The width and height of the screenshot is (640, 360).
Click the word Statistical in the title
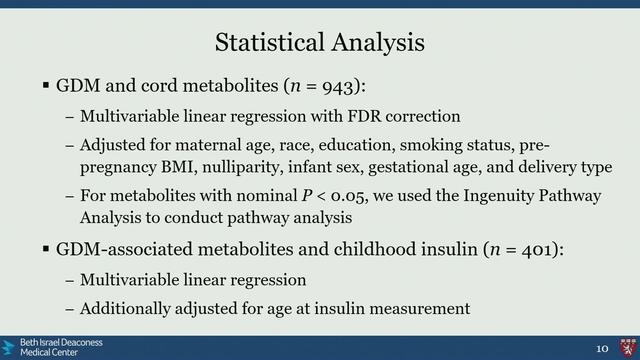pos(270,42)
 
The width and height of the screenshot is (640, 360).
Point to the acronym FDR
pos(364,116)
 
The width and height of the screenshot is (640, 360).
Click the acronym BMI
pos(177,167)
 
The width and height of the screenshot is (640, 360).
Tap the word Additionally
pos(125,309)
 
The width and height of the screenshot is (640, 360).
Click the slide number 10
pos(602,349)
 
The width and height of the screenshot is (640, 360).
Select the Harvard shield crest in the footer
pos(628,348)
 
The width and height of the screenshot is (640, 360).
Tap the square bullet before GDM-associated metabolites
pos(46,249)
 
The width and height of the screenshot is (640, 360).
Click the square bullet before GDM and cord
pos(46,85)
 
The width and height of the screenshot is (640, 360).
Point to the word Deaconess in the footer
pos(82,343)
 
